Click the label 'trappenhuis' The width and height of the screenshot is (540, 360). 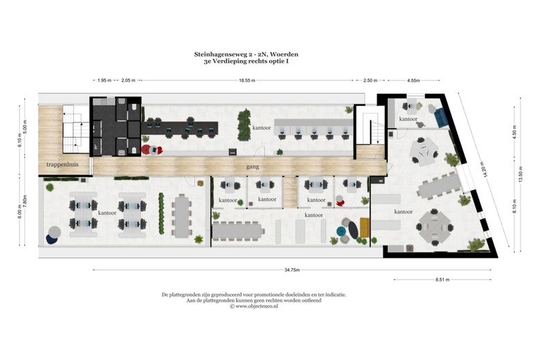[x=62, y=165]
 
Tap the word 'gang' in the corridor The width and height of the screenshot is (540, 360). [x=253, y=167]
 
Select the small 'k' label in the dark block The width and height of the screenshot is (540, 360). [x=96, y=147]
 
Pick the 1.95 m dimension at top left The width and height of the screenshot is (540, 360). [x=105, y=80]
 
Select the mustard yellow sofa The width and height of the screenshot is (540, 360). [x=365, y=227]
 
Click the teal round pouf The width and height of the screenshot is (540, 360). [x=341, y=231]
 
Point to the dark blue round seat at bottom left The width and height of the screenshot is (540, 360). [x=53, y=239]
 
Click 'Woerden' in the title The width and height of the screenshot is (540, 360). [x=285, y=53]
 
